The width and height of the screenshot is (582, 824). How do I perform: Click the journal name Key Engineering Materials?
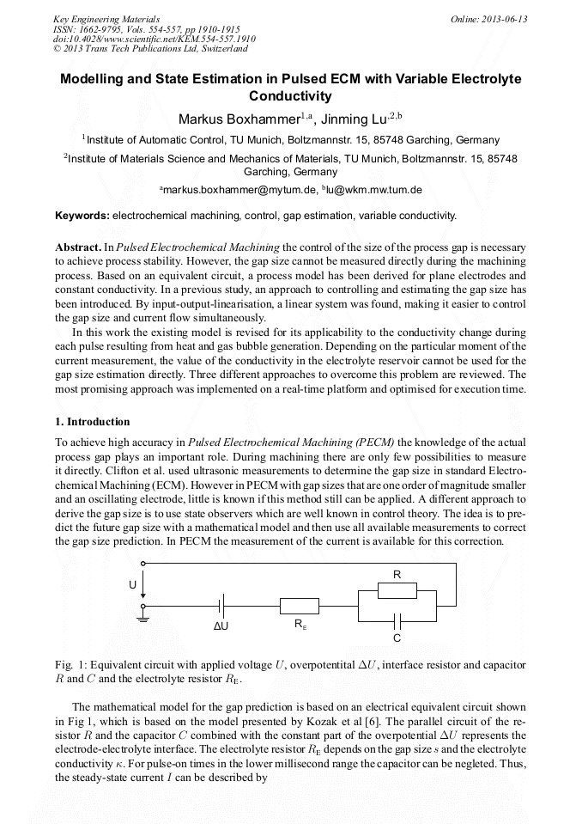pyautogui.click(x=106, y=19)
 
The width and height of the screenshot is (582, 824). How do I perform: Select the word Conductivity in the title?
pyautogui.click(x=290, y=96)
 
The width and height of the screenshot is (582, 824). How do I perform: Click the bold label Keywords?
pyautogui.click(x=82, y=216)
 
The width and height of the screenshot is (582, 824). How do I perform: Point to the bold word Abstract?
pyautogui.click(x=78, y=247)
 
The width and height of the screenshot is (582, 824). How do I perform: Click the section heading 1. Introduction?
pyautogui.click(x=93, y=422)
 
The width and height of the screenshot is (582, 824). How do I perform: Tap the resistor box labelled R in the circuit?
pyautogui.click(x=397, y=590)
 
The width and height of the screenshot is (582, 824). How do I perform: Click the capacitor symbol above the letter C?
pyautogui.click(x=397, y=620)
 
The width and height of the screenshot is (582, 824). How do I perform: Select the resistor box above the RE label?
pyautogui.click(x=300, y=606)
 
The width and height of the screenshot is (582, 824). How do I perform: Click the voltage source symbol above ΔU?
pyautogui.click(x=221, y=606)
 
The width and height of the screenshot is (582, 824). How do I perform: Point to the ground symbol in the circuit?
pyautogui.click(x=143, y=616)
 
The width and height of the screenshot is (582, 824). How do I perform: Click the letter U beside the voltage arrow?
pyautogui.click(x=133, y=585)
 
